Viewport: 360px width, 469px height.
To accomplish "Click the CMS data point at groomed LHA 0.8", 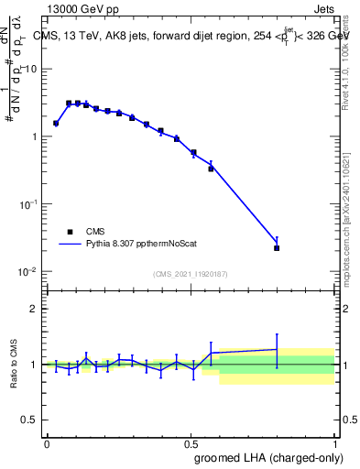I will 277,248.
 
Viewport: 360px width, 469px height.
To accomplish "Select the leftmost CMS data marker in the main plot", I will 56,123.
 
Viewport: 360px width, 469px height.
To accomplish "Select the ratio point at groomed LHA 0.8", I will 277,349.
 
